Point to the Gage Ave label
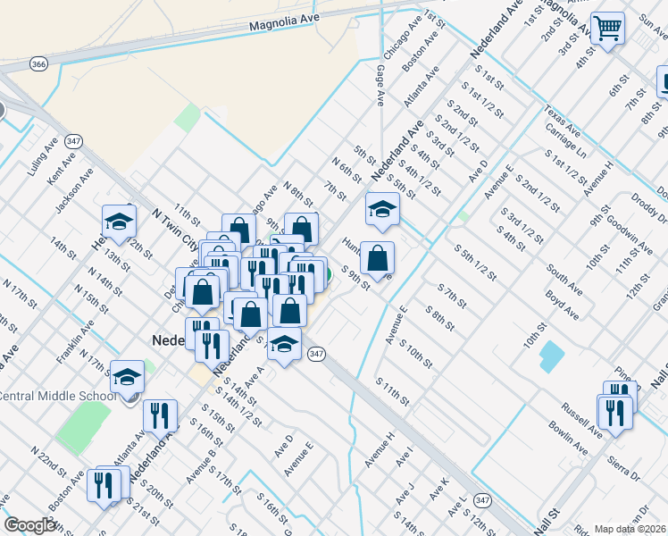(x=380, y=85)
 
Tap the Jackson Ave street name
(x=74, y=189)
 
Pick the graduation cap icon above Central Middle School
(x=127, y=377)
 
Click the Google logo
(x=29, y=525)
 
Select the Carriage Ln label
(x=566, y=140)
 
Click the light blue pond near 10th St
(x=551, y=356)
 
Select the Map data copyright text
(x=630, y=529)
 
